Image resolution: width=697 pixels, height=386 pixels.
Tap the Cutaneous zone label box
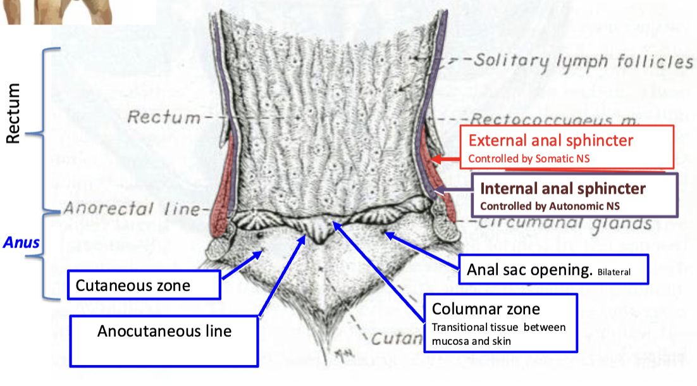[144, 285]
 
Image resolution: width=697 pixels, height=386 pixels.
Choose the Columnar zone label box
[500, 322]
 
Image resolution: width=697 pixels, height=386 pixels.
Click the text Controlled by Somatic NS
[529, 159]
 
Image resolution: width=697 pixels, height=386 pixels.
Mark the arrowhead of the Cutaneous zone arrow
[259, 253]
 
